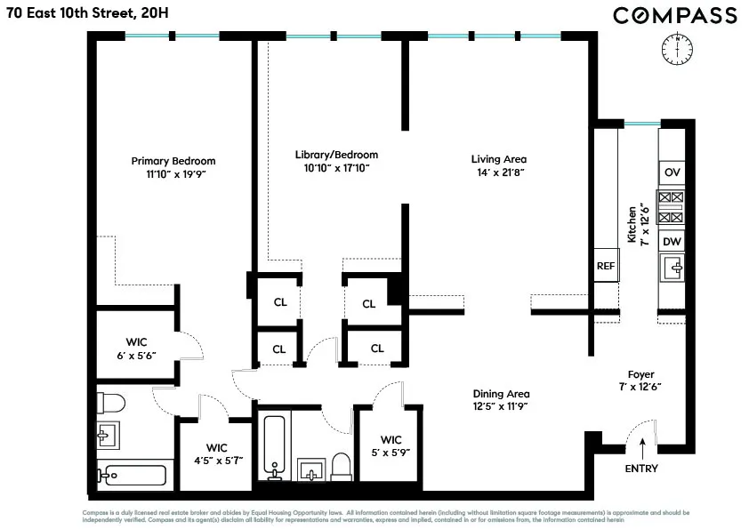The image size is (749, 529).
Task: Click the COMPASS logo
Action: point(674,15)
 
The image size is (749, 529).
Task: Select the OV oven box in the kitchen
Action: point(672,172)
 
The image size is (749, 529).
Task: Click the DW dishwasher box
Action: point(672,241)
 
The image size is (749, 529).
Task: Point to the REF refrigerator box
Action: point(606,266)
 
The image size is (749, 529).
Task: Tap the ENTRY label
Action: point(641,469)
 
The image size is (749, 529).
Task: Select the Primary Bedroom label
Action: point(173,161)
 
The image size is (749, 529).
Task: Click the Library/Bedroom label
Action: point(336,154)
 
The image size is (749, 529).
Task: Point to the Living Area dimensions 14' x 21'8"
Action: point(498,172)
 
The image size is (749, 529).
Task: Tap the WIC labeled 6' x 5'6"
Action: point(137,346)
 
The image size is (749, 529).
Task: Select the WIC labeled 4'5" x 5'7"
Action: point(218,453)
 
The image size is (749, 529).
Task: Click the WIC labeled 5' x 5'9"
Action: point(391,445)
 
